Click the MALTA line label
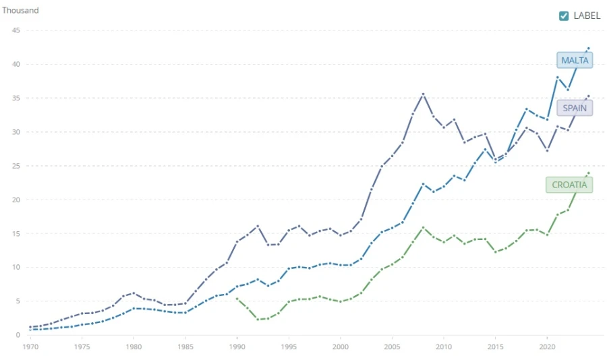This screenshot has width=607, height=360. (x=575, y=60)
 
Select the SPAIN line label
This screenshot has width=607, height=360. (x=574, y=108)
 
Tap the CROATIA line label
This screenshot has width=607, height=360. (x=569, y=185)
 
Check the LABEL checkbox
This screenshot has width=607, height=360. (x=564, y=16)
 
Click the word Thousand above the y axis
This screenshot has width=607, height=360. (x=20, y=11)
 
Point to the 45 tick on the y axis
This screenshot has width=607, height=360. (x=15, y=30)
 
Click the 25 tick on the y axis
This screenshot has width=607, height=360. (x=15, y=166)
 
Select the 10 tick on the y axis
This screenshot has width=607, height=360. (x=15, y=268)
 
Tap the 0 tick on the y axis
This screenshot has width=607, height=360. (x=17, y=335)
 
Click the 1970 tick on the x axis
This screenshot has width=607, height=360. (x=30, y=347)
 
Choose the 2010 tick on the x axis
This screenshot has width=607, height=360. (x=443, y=347)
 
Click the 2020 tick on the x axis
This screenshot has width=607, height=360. (x=546, y=347)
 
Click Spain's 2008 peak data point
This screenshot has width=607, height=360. (x=423, y=94)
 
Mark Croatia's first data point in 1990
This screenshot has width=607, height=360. (x=237, y=299)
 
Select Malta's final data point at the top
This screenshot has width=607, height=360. (x=588, y=49)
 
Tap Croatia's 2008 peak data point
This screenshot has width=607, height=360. (x=423, y=228)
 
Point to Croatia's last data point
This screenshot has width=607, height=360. (x=588, y=173)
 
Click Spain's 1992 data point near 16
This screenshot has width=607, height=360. (x=258, y=226)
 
